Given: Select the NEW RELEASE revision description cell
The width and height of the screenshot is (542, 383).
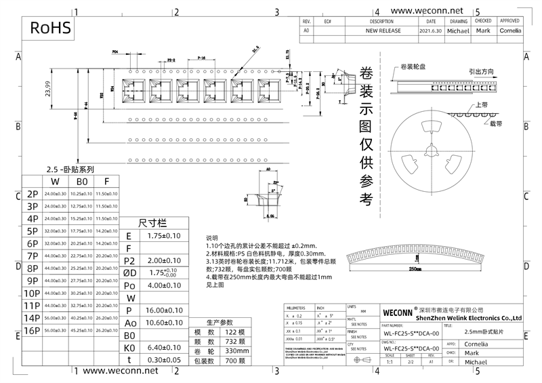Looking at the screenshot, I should [383, 31].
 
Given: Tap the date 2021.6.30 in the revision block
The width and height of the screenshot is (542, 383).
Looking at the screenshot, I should [431, 31].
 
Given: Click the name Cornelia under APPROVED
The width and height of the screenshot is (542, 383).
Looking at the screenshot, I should [510, 31].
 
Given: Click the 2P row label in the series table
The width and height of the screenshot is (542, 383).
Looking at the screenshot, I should [32, 194].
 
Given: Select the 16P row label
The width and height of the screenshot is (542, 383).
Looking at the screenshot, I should [32, 330].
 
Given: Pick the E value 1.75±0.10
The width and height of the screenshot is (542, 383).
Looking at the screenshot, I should [164, 236].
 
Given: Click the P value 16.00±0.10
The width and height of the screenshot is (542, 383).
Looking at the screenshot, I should [164, 310].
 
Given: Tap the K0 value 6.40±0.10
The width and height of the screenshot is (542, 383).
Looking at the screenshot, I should [164, 347].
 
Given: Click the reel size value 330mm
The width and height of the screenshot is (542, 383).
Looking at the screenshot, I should [237, 350].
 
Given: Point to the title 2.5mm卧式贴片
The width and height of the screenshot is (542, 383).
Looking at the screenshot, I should [484, 331].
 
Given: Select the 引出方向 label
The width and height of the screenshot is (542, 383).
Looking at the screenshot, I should [481, 70].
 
